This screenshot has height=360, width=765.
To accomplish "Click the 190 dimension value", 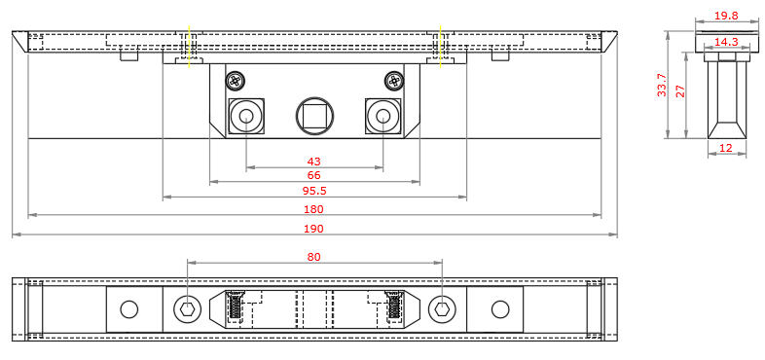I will pos(313,229).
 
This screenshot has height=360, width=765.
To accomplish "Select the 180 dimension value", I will pos(313,209).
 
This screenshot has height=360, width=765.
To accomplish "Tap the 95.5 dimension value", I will pos(313,191).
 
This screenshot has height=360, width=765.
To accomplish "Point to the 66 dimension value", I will pos(313,175).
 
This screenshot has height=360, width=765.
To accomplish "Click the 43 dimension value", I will pos(313,161).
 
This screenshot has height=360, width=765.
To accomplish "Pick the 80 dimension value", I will pos(313,257).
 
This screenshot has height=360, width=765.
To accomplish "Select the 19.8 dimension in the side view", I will pos(726,16).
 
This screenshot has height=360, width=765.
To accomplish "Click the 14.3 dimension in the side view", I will pos(726,42).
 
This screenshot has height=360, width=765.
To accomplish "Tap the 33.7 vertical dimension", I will pos(662,85).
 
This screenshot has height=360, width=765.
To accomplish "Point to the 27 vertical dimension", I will pos(681,90).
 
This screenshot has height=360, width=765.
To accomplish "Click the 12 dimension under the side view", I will pos(726,148).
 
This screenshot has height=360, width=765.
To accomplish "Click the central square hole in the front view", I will pos(315,116).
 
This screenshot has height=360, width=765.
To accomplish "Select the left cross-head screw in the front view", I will pos(235,81).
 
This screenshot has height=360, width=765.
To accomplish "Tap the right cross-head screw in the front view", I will pos(394,81).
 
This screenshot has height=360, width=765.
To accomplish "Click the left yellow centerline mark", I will pos(190,46).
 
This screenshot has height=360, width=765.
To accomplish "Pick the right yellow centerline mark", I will pos(441,46).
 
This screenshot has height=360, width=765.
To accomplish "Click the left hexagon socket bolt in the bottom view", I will pos(187,309).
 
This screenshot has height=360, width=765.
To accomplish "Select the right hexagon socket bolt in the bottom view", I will pos(442,309).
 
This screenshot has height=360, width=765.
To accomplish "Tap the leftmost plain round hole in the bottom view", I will pos(128,309).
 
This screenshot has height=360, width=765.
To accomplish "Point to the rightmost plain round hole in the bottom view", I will pos(500,309).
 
